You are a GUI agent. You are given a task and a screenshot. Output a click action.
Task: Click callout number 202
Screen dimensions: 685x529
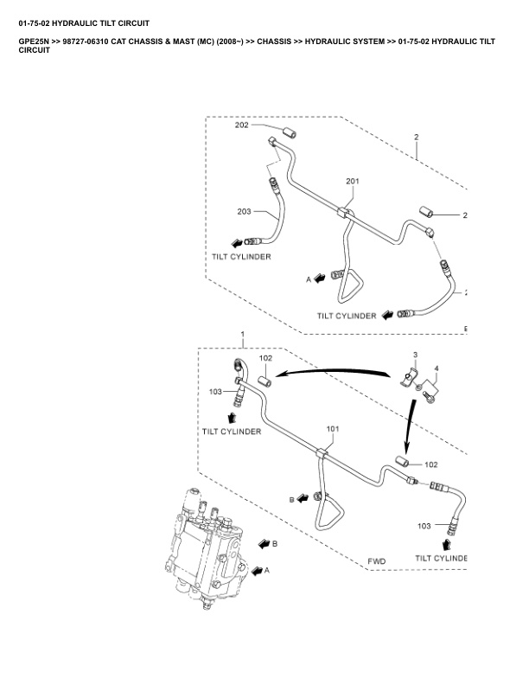(x=242, y=125)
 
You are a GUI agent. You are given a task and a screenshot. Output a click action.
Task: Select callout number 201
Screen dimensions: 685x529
(x=352, y=181)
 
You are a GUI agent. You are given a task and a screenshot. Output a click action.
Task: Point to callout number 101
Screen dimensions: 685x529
(x=334, y=429)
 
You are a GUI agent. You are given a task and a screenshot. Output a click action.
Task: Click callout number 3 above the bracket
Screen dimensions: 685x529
(x=415, y=355)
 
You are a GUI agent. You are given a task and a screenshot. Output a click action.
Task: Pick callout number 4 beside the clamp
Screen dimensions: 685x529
(x=437, y=369)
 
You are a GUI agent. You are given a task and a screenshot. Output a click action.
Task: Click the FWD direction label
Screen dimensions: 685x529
(x=377, y=561)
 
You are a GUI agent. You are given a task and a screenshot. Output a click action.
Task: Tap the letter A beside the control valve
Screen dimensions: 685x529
(x=267, y=570)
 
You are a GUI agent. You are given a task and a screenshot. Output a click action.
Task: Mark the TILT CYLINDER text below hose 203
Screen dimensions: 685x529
(x=243, y=257)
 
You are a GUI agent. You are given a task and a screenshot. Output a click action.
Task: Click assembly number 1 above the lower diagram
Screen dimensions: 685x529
(x=243, y=334)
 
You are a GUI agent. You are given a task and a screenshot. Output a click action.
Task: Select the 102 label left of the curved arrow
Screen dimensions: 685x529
(x=266, y=358)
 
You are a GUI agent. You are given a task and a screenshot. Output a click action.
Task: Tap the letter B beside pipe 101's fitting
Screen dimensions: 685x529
(x=291, y=499)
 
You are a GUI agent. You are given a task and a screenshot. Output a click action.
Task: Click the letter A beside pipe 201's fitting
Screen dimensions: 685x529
(x=308, y=279)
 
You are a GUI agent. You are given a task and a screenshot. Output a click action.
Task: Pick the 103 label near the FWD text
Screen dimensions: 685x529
(x=424, y=526)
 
